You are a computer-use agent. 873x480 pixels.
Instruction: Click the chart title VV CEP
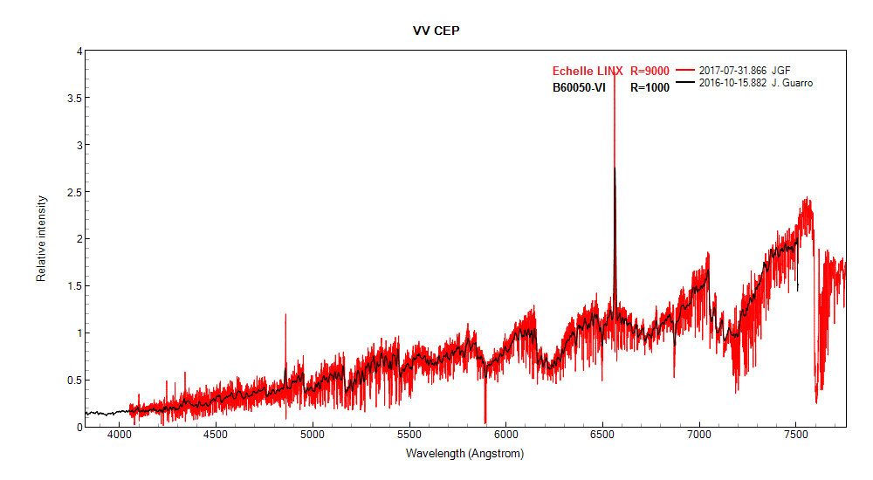(436, 31)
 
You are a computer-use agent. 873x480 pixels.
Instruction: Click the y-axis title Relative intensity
(41, 238)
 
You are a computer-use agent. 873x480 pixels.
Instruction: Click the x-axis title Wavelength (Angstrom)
(464, 454)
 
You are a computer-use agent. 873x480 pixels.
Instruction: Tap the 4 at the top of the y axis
(79, 51)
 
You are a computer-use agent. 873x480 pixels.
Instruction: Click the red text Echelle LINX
(587, 72)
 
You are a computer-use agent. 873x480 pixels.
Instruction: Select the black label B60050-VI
(579, 87)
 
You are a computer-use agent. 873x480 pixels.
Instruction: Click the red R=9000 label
(650, 72)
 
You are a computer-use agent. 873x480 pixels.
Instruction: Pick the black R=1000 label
(650, 87)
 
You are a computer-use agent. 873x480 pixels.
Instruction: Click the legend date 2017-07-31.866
(732, 70)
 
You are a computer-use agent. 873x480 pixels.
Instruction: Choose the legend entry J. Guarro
(793, 83)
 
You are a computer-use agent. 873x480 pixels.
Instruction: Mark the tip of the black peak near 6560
(615, 168)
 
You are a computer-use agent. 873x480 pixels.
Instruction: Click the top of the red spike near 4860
(285, 315)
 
